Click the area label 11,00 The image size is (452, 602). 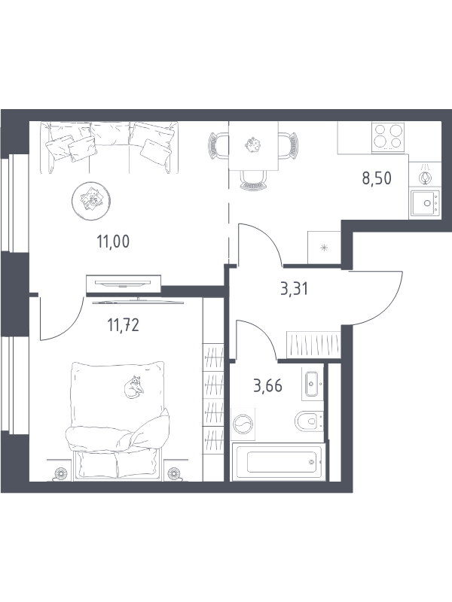point(113,242)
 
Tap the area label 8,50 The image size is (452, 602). point(377,178)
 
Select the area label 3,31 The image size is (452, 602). point(295,289)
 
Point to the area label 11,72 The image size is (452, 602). point(123,325)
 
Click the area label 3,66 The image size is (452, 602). point(268,385)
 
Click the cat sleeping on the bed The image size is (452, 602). point(134,387)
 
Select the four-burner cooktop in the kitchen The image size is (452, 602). point(388,137)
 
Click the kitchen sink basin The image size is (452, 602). point(424,203)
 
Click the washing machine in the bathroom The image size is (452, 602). point(243,424)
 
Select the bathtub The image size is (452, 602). point(279,462)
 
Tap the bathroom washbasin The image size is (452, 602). point(312,384)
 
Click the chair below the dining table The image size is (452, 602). point(253,180)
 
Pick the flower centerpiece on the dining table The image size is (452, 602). point(253,144)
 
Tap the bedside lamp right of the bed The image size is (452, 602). point(174,474)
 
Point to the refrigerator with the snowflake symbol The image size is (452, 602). point(324,248)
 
